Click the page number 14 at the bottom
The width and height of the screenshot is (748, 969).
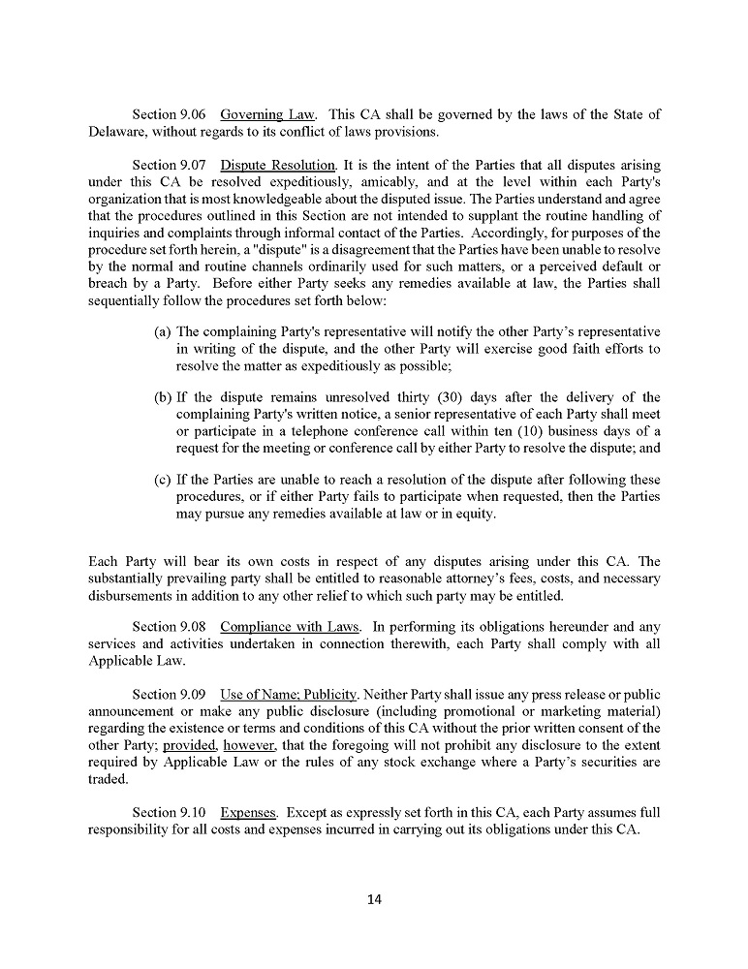[x=375, y=899]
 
